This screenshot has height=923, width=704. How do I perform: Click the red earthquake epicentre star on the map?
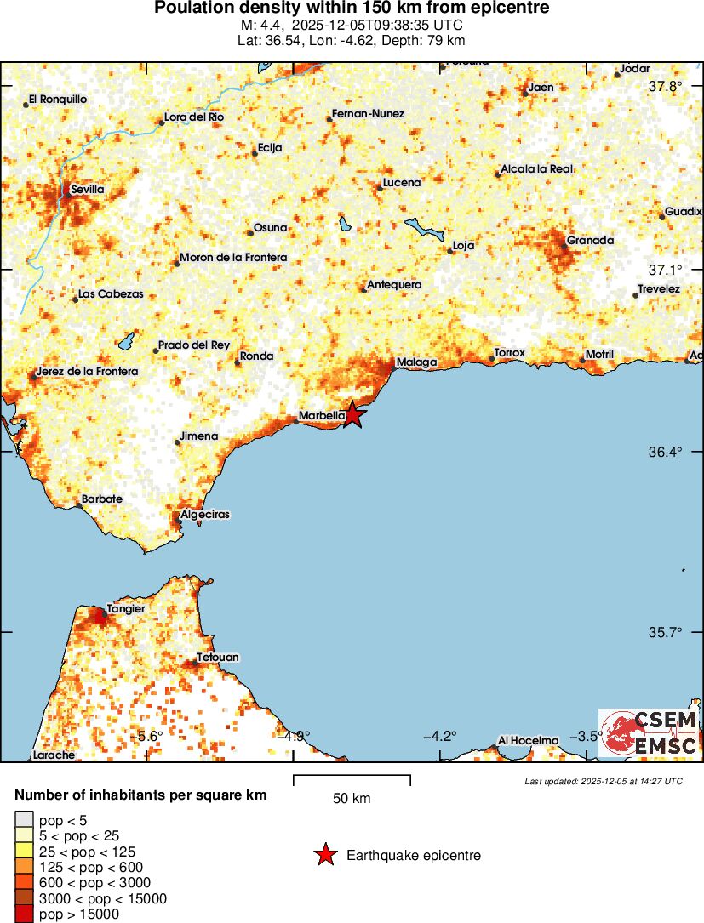coord(353,415)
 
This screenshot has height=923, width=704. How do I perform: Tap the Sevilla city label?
coord(88,190)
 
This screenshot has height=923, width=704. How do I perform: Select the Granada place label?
coord(590,241)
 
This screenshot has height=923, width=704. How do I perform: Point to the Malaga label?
coord(416,362)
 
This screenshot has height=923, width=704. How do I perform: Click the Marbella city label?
coord(320,417)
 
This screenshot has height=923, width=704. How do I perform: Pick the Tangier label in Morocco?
coord(125,609)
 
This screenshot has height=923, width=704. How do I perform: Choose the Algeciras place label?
coord(205,515)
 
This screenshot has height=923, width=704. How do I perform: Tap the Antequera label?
coord(393,285)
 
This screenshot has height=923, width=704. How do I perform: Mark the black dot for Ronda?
coord(238,363)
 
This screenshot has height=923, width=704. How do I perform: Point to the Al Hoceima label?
coord(529,740)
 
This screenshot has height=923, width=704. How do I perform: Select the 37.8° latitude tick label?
coord(665,87)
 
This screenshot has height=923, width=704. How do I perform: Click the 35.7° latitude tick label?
coord(665,633)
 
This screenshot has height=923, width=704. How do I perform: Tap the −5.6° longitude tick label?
coord(149,737)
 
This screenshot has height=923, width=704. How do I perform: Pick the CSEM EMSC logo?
coord(649,733)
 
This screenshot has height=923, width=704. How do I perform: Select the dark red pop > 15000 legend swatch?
coord(23,914)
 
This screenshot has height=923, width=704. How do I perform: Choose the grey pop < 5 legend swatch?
coord(23,821)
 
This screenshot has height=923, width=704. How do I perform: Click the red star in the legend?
coord(325,855)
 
